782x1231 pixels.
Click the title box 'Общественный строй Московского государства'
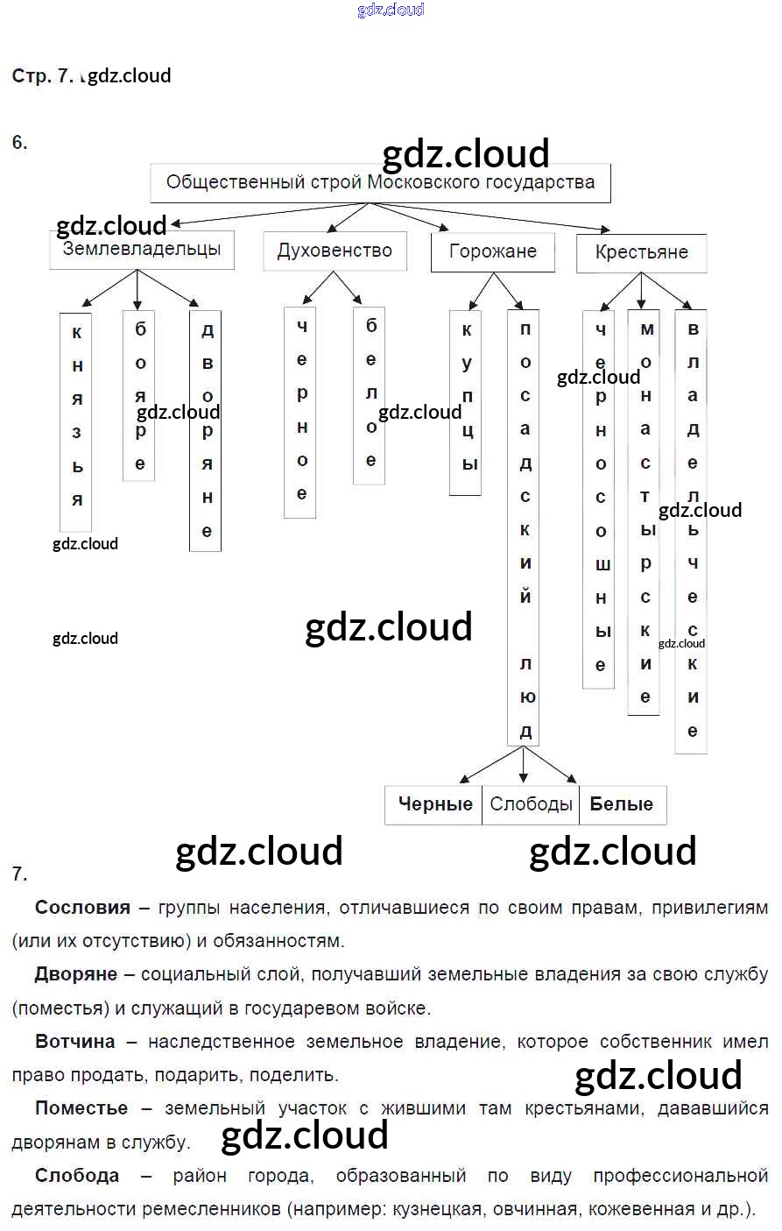click(380, 183)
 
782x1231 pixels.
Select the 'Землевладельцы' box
click(142, 250)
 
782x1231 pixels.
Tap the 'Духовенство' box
click(335, 251)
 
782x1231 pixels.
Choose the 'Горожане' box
click(492, 252)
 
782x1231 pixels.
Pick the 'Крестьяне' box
click(641, 253)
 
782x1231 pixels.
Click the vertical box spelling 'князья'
click(76, 421)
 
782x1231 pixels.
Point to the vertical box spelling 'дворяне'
click(206, 429)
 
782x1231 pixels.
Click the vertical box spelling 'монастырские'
click(644, 512)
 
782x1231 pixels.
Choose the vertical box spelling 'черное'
click(300, 412)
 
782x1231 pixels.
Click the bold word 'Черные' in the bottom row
click(435, 804)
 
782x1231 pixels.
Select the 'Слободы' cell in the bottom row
click(531, 804)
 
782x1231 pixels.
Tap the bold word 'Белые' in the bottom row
click(621, 804)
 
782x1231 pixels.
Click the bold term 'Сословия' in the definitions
click(82, 908)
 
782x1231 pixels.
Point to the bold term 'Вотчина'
click(75, 1042)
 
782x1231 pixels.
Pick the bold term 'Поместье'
click(81, 1108)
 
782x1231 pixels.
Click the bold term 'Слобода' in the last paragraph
click(77, 1176)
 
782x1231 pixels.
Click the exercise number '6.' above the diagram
click(19, 142)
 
